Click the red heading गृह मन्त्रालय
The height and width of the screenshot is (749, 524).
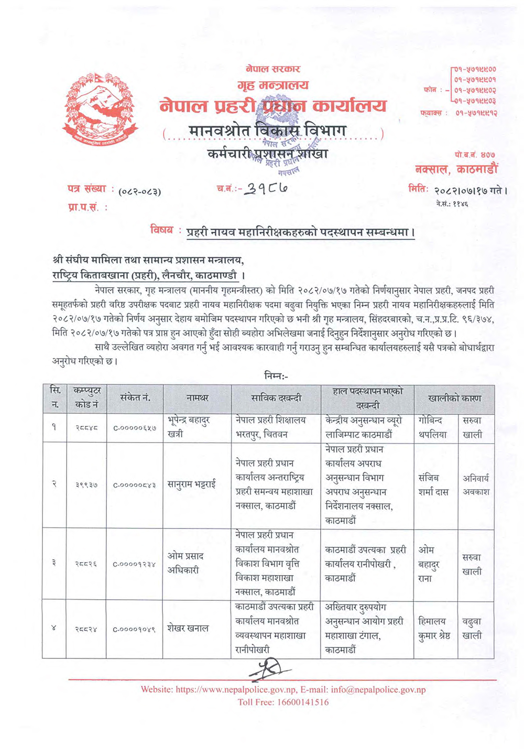tap(272, 85)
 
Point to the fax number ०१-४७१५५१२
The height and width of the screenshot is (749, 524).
tap(476, 113)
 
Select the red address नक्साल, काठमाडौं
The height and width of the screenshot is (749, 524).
tap(456, 169)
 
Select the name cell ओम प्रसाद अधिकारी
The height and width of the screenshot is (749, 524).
tap(185, 563)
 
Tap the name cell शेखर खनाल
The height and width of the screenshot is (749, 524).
tap(188, 628)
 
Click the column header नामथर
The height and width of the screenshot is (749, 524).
tap(197, 398)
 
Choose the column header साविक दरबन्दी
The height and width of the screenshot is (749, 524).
tap(276, 398)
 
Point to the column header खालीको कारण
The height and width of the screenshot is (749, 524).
tap(454, 398)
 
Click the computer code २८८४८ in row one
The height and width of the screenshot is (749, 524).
tap(86, 427)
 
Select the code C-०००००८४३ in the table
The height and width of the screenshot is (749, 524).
tap(135, 485)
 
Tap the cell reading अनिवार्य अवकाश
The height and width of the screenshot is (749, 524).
tap(476, 485)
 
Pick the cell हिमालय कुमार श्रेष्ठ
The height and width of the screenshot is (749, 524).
tap(434, 628)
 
